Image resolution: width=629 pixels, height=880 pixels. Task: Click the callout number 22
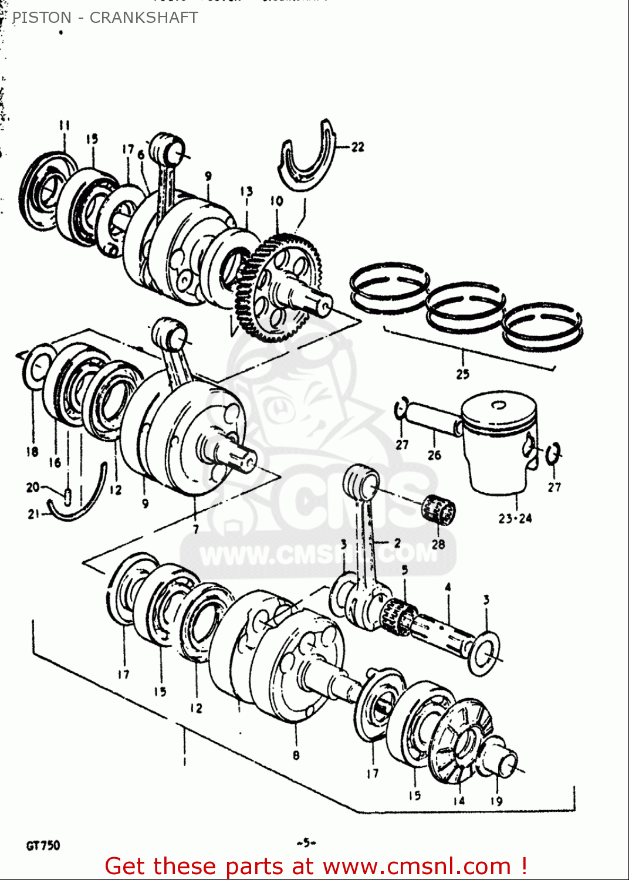pos(358,147)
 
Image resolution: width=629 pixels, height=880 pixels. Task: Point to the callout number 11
pos(64,126)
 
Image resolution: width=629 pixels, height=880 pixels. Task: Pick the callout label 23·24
pos(515,519)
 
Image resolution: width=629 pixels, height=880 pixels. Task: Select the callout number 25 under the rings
pos(462,374)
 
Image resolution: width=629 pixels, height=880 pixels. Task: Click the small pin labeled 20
pos(68,496)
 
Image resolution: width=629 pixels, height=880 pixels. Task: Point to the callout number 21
pos(33,515)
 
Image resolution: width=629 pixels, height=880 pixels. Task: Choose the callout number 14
pos(459,800)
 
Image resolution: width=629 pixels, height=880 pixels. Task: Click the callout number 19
pos(496,801)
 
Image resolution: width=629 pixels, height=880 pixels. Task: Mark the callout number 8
pos(296,756)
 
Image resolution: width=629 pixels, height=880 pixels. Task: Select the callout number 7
pos(195,529)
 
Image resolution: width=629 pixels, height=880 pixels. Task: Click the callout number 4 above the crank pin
pos(448,587)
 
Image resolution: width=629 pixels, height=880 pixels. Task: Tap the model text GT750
pos(43,845)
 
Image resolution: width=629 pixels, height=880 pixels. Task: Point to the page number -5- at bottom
pos(306,843)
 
